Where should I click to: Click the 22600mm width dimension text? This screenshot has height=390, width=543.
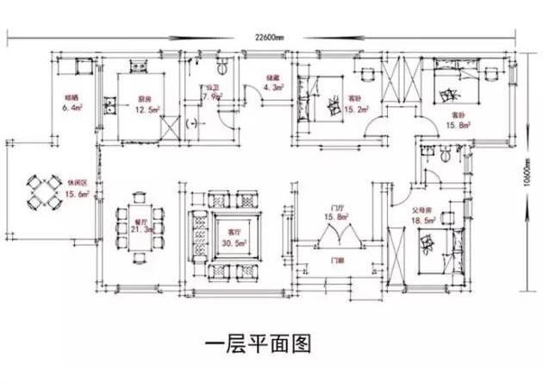tap(271, 37)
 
